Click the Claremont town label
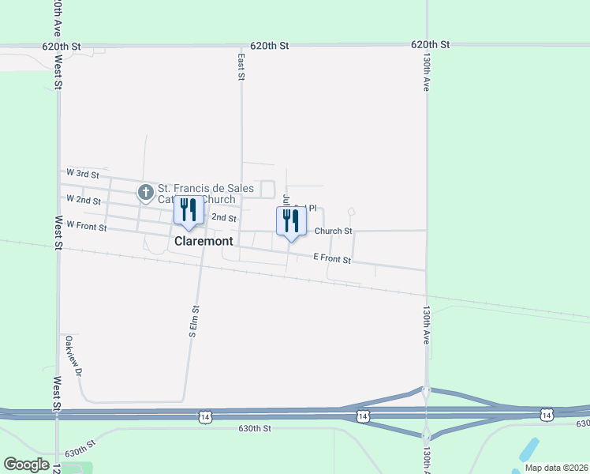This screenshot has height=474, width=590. pos(204,241)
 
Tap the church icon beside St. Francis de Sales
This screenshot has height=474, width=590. pos(146,192)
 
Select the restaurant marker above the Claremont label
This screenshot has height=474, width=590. pos(189,211)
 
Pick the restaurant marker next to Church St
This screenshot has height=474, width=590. pos(291,220)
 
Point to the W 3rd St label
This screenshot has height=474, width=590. pos(82,173)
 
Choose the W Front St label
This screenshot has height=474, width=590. pos(86,227)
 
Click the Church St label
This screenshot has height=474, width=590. pos(333,231)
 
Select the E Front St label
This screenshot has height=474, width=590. pos(331,259)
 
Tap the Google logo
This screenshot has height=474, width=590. pos(26,465)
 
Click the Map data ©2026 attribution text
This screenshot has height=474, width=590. pos(555,468)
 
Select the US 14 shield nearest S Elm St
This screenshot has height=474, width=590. pos(205,416)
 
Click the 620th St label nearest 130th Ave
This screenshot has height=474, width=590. pos(430,46)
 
